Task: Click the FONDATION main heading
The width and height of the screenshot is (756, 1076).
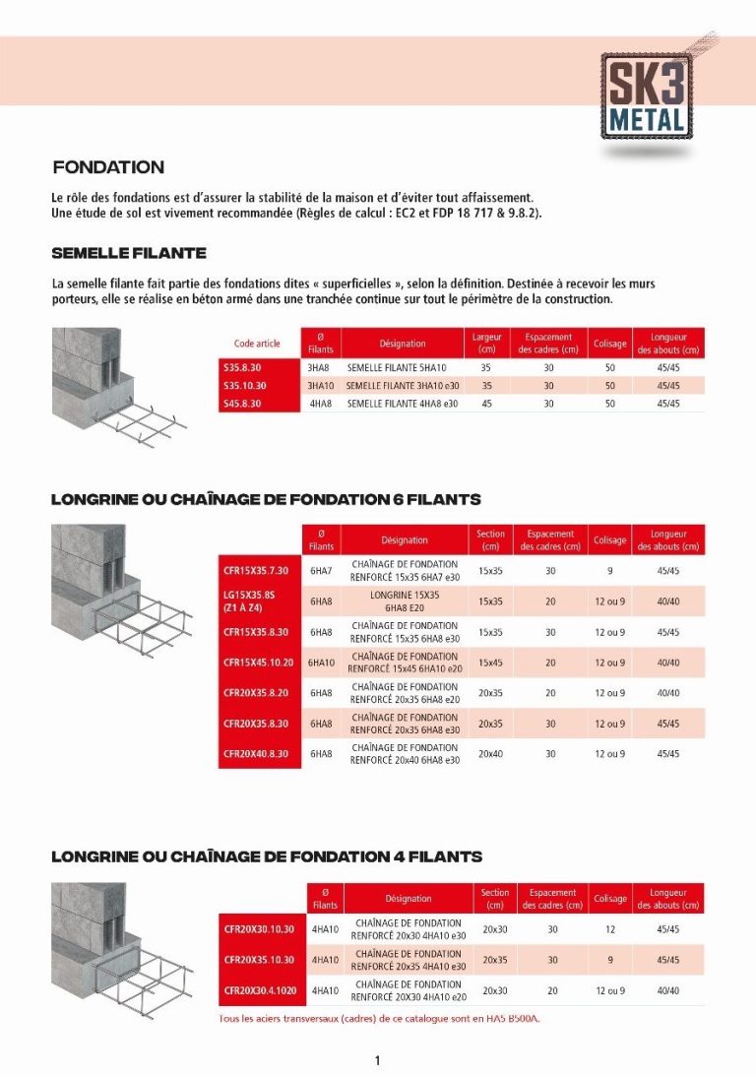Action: tap(108, 167)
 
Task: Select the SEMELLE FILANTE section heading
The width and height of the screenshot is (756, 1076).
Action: tap(129, 253)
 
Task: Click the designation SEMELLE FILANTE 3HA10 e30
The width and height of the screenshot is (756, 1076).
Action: tap(403, 386)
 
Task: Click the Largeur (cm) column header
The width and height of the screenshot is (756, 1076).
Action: tap(486, 344)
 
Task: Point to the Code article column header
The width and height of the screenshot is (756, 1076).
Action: tap(257, 344)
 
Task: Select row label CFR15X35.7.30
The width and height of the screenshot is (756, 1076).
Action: tap(257, 571)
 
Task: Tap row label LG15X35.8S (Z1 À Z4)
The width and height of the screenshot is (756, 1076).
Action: tap(257, 601)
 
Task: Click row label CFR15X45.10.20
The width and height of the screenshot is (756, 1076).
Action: tap(259, 663)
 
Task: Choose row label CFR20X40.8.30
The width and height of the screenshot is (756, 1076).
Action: tap(257, 754)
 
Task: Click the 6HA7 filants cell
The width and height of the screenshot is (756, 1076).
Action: tap(321, 571)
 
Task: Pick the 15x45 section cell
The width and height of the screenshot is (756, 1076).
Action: tap(490, 663)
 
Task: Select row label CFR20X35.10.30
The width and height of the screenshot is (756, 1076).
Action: tap(259, 960)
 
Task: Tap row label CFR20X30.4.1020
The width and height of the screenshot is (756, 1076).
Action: tap(259, 990)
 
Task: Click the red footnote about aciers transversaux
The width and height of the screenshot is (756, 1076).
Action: tap(379, 1019)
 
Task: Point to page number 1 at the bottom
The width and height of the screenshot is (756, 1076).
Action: tap(377, 1060)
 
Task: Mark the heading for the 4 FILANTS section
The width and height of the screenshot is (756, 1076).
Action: tap(266, 857)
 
